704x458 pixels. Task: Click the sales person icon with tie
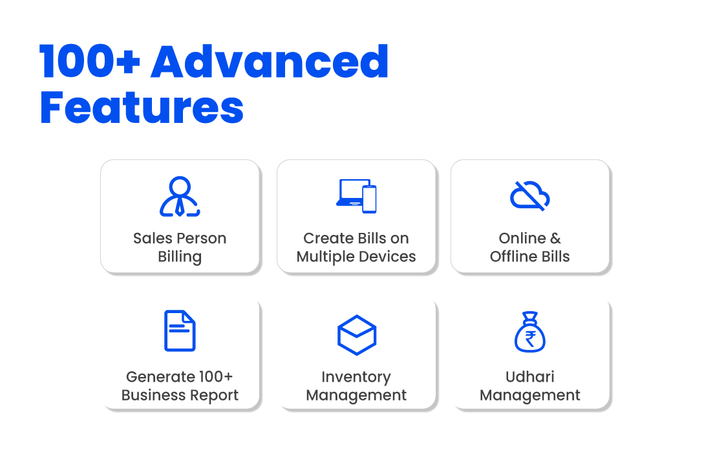coord(180,197)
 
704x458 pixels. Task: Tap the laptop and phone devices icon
coord(356,196)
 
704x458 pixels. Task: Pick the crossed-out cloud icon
coord(530,196)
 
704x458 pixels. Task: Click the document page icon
coord(180,331)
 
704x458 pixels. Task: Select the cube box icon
coord(356,335)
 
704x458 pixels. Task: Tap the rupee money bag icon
coord(530,332)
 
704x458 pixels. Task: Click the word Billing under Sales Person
coord(180,257)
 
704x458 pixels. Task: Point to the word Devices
coord(387,256)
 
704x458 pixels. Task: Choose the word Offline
coord(511,256)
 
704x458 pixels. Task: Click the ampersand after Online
coord(555,238)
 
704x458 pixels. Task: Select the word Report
coord(215,395)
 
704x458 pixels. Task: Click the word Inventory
coord(356,377)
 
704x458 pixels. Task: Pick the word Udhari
coord(530,376)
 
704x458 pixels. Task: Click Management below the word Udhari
coord(530,395)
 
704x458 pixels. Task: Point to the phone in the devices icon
coord(370,199)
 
